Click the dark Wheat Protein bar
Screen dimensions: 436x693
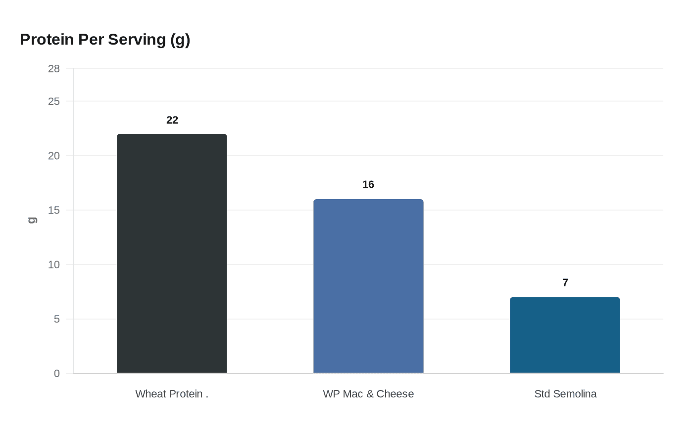[x=172, y=253]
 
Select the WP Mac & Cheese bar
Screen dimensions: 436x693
[x=368, y=286]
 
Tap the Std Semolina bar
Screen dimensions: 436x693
[x=565, y=335]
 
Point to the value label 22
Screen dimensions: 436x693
[x=172, y=120]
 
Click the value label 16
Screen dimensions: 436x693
[x=368, y=184]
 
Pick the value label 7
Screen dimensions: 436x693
[x=565, y=282]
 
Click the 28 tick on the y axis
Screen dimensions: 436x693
[x=54, y=69]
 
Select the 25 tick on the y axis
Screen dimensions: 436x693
[x=54, y=102]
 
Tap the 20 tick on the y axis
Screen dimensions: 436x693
[x=54, y=156]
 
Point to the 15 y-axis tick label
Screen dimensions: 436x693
[x=54, y=210]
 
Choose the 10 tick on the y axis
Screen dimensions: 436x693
[x=54, y=265]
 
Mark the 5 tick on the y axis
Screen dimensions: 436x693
[x=57, y=319]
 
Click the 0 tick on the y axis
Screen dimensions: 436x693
[x=57, y=374]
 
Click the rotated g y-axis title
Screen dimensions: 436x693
[x=32, y=220]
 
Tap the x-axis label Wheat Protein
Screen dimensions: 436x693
[x=171, y=394]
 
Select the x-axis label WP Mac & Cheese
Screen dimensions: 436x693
[x=368, y=394]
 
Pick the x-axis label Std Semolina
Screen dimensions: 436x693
[x=565, y=394]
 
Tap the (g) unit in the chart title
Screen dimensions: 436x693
[x=180, y=40]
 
